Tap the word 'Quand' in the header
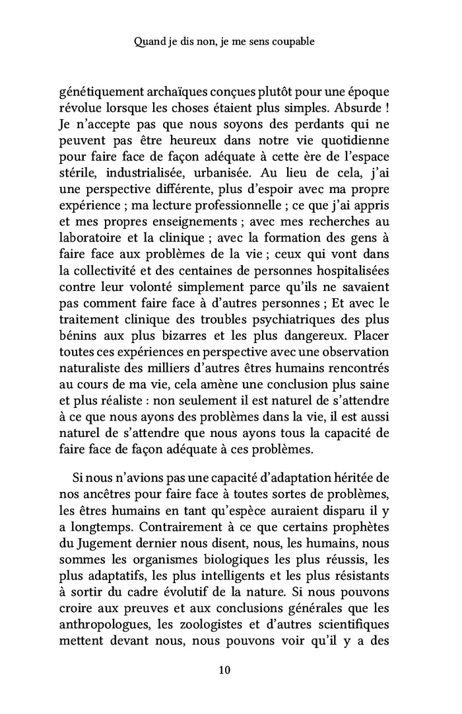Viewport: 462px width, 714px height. tap(148, 41)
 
